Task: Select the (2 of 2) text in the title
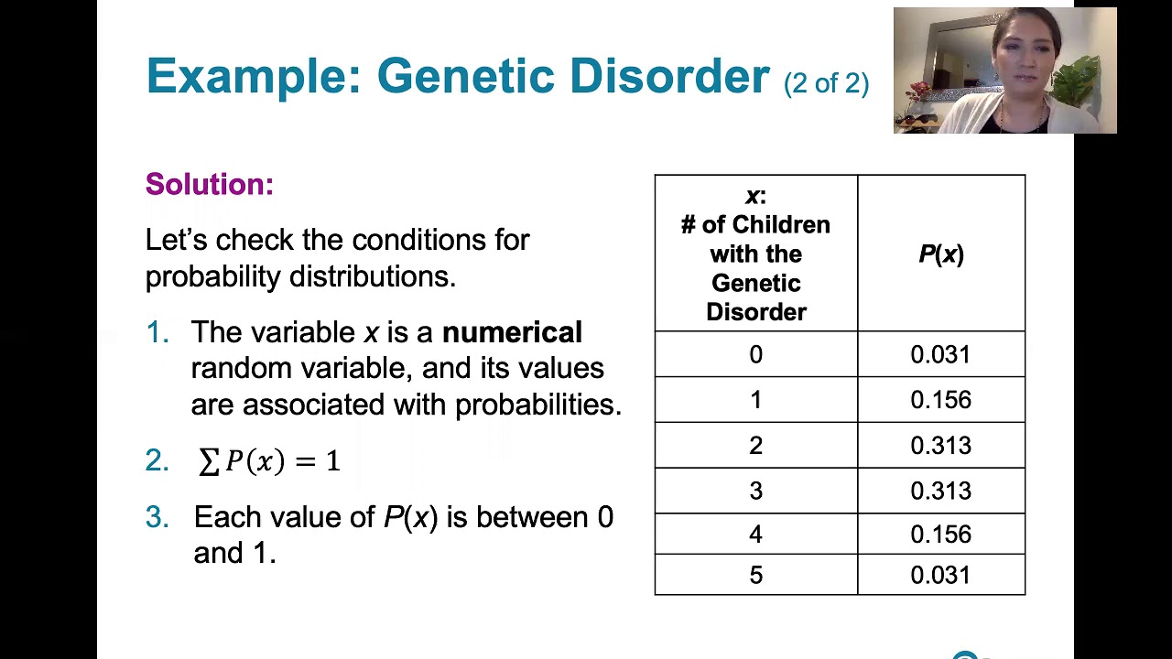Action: coord(826,83)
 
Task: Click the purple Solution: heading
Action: coord(210,184)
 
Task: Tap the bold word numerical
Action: coord(512,332)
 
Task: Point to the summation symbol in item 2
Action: coord(209,461)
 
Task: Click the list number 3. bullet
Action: coord(157,518)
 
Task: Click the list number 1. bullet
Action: coord(157,333)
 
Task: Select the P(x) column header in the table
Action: coord(940,254)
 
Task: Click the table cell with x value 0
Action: coord(755,355)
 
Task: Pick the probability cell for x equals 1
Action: coord(940,400)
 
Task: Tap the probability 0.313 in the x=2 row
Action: coord(940,446)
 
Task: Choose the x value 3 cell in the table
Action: coord(755,492)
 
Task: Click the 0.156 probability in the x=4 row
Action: coord(940,535)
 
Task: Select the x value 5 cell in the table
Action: coord(755,576)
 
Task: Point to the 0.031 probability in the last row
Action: coord(940,576)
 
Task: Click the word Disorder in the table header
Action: coord(755,312)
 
